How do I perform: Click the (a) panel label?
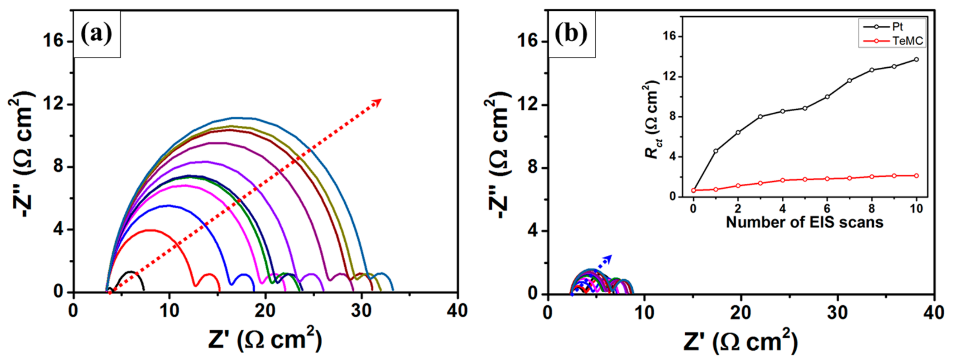[x=96, y=34]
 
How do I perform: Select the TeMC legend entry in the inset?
[x=908, y=41]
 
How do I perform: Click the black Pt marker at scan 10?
[x=916, y=59]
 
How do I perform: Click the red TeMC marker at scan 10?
[x=916, y=175]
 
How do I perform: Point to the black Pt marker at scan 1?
[x=715, y=151]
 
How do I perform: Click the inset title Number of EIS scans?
[x=804, y=222]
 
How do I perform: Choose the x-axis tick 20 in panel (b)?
[x=741, y=312]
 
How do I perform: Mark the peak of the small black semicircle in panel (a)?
[x=130, y=272]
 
